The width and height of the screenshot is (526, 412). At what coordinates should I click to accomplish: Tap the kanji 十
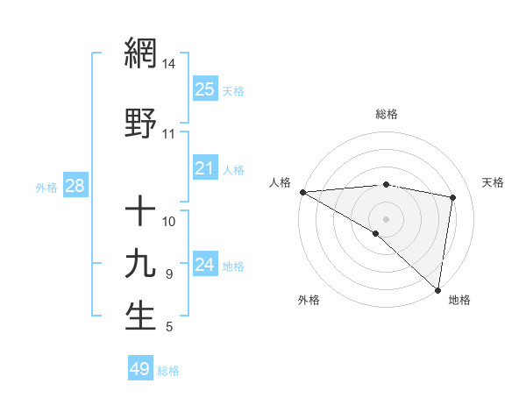coord(140,211)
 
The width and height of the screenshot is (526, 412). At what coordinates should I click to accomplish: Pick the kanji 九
coord(140,263)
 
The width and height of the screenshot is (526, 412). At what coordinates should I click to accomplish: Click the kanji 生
coord(140,316)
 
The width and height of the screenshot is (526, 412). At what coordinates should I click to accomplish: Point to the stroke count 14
coord(168,64)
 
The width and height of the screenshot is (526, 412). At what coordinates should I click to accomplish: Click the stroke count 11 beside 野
coord(168,134)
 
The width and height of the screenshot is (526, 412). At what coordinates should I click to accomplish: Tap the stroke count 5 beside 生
coord(168,328)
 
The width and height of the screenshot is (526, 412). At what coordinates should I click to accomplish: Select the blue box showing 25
coord(204,89)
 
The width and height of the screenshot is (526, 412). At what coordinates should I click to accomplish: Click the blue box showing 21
coord(204,168)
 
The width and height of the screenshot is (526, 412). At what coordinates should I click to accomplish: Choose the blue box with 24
coord(204,265)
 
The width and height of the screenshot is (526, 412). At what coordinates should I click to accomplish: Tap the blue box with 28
coord(75,186)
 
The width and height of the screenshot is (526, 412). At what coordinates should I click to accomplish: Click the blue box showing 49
coord(140,369)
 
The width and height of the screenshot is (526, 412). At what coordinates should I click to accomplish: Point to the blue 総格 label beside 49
coord(168,371)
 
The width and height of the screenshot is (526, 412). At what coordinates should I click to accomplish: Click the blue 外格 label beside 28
coord(46,187)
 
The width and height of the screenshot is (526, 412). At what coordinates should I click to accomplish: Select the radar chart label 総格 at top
coord(386,114)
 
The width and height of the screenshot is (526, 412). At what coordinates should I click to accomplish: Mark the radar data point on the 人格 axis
coord(302,192)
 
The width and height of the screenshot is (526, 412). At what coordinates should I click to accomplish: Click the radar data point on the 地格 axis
coord(437,289)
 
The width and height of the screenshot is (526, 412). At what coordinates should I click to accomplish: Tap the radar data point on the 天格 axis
coord(453,197)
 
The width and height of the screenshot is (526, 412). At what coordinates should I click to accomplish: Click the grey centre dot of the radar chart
coord(386,218)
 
